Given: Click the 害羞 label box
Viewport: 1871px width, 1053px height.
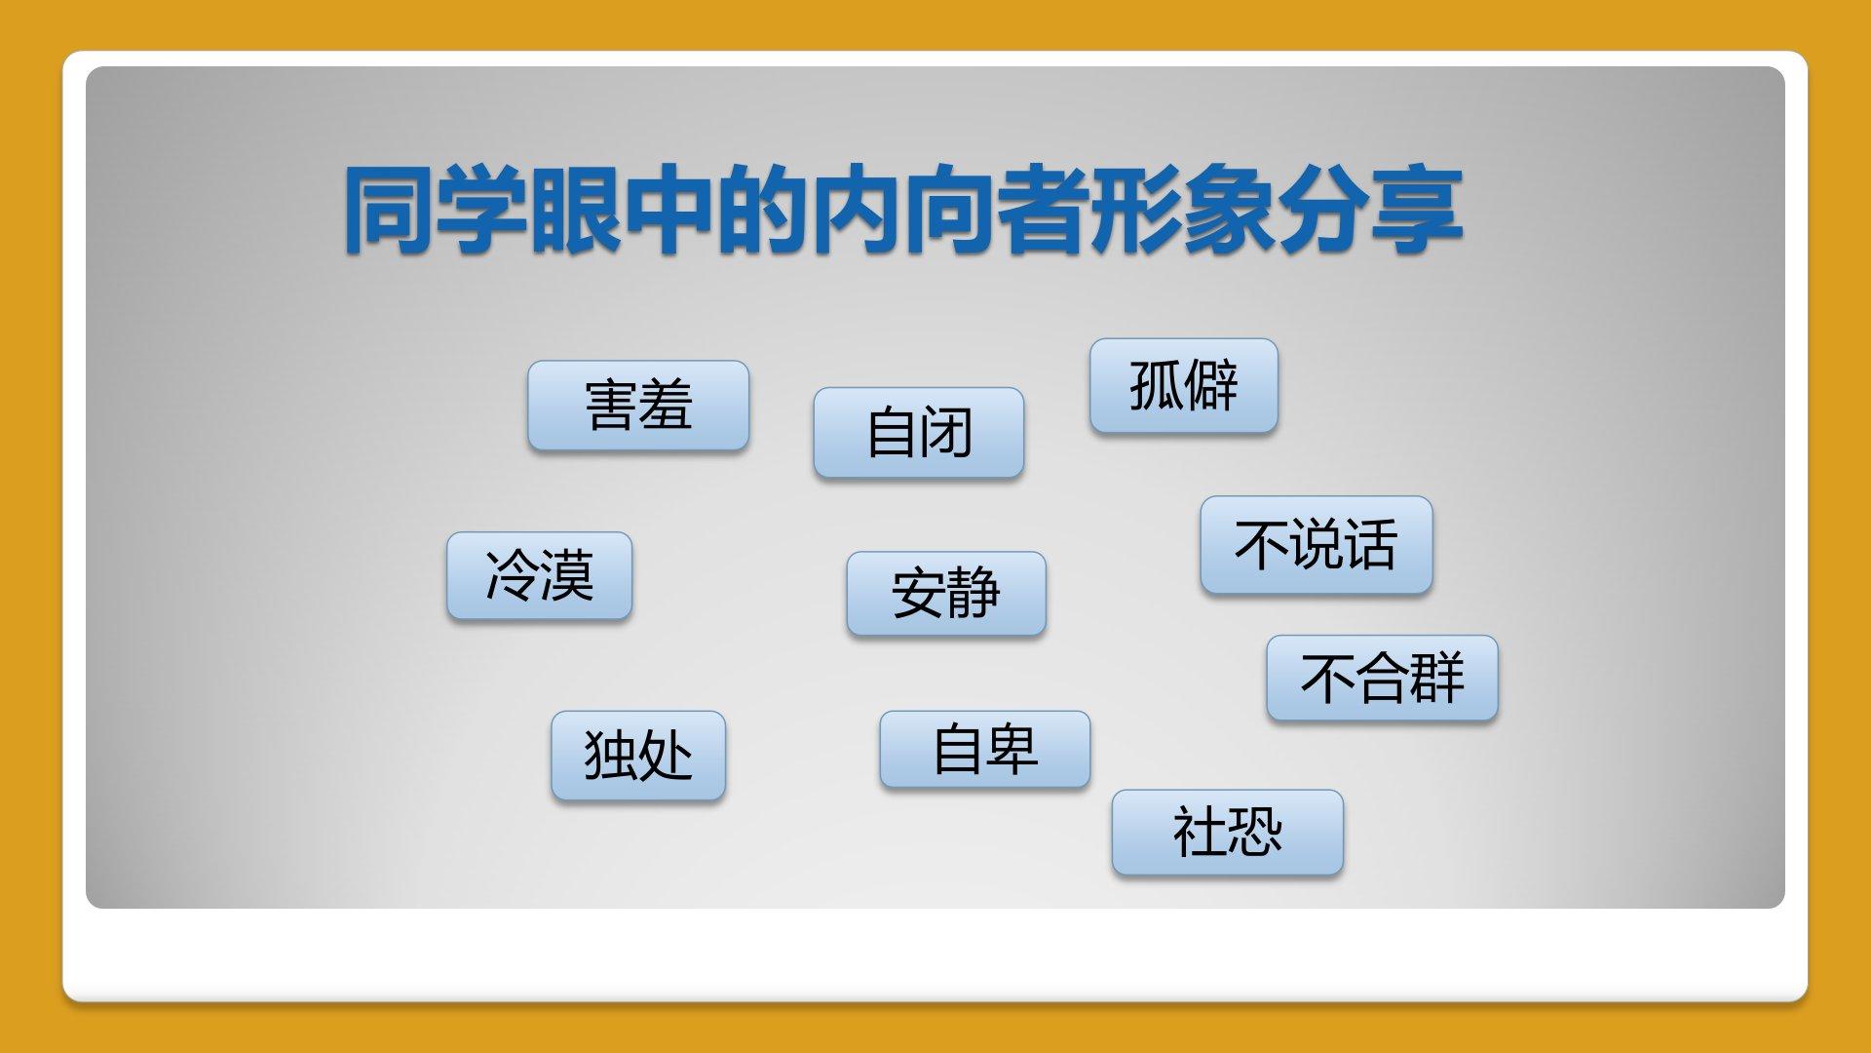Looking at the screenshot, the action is point(638,406).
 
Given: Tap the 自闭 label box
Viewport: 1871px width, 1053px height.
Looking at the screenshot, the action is point(919,433).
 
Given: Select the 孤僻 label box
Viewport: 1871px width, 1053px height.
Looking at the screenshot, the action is point(1184,385).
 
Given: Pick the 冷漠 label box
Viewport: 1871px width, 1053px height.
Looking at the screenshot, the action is point(540,575).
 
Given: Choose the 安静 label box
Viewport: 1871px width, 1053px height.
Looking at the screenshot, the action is point(946,594).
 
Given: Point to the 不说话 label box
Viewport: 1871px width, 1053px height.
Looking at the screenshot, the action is point(1317,545).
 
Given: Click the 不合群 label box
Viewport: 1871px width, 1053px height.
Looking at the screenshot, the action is point(1382,679).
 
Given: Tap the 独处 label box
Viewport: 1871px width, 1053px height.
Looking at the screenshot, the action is point(638,756).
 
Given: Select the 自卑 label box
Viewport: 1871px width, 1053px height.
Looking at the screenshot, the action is point(985,749).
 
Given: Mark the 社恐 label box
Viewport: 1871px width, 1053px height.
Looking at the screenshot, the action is point(1228,832).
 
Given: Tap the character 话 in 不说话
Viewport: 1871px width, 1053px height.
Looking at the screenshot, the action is point(1371,545).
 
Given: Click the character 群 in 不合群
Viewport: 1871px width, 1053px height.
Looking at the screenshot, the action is point(1437,679).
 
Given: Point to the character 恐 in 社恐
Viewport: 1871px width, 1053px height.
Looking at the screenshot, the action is point(1255,832).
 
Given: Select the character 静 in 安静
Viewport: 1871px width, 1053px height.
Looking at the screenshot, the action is point(974,594).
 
